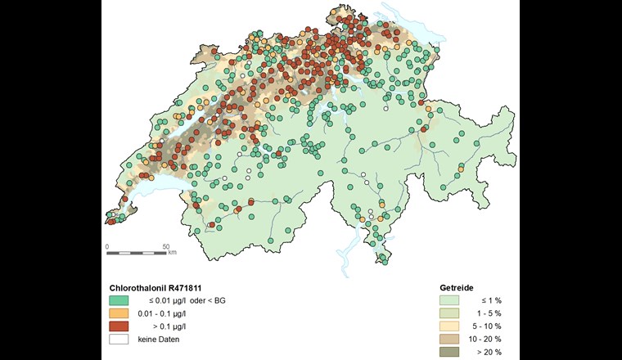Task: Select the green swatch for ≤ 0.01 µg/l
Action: tap(119, 301)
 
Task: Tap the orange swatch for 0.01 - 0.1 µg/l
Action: tap(119, 313)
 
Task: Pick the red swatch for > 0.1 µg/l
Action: tap(119, 326)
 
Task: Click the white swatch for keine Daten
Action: tap(119, 340)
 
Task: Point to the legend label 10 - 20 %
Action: tap(485, 340)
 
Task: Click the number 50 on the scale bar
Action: tap(165, 245)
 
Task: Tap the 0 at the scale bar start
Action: tap(108, 245)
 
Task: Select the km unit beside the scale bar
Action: tap(173, 253)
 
